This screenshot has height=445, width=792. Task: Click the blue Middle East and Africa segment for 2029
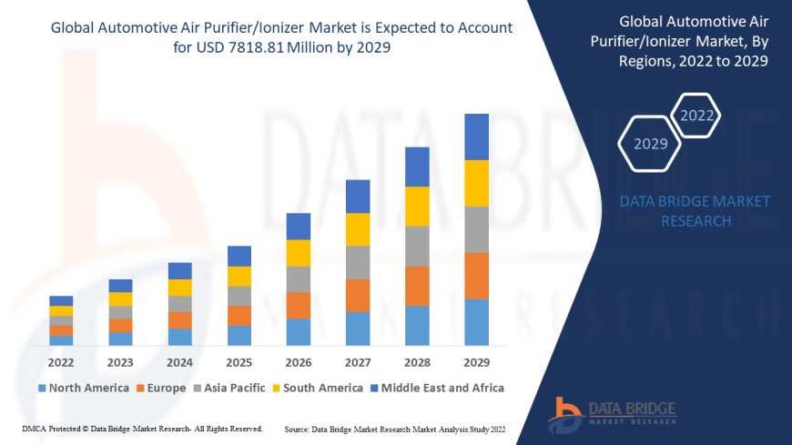[x=476, y=137]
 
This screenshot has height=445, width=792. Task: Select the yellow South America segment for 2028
[x=417, y=206]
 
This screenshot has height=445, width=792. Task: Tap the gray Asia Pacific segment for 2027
[x=358, y=262]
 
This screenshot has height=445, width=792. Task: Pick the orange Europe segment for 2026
[x=299, y=305]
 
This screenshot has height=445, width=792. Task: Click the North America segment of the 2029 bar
[x=476, y=322]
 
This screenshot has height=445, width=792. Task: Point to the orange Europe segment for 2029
[x=476, y=276]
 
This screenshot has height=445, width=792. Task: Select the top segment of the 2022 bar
[x=61, y=300]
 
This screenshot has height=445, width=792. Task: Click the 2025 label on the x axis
[x=239, y=361]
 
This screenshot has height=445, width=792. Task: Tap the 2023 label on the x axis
[x=120, y=361]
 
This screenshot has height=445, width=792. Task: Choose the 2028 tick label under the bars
[x=417, y=361]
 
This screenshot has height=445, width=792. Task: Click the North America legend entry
[x=83, y=388]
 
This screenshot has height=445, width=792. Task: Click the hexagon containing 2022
[x=697, y=116]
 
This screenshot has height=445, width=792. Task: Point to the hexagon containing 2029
[x=650, y=144]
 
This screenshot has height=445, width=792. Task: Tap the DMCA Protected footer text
[x=141, y=428]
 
